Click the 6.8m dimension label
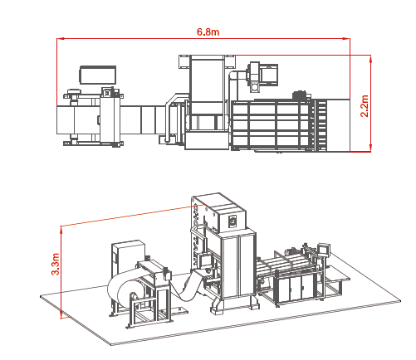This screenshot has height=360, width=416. (208, 32)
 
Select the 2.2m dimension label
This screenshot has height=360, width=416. (365, 106)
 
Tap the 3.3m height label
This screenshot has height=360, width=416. (56, 264)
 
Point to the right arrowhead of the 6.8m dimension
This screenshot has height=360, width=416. (346, 39)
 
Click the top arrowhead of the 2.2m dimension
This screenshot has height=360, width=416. (370, 59)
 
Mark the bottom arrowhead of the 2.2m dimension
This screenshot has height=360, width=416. (370, 148)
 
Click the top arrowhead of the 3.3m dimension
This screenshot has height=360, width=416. (61, 230)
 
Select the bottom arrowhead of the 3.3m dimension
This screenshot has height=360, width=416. (61, 314)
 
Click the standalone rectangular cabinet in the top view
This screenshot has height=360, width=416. (98, 75)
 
